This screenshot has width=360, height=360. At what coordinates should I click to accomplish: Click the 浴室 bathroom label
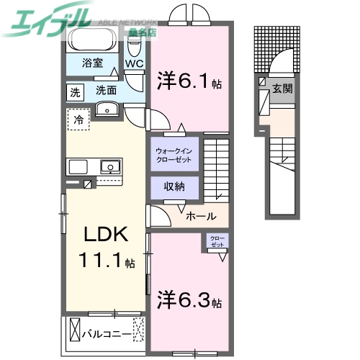[x=90, y=63]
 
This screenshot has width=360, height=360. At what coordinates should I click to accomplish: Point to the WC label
[x=135, y=63]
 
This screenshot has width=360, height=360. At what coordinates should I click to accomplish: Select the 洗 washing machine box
[x=76, y=92]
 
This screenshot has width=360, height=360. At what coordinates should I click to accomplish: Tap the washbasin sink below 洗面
[x=108, y=109]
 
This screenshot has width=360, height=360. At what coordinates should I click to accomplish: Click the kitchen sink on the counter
[x=110, y=167]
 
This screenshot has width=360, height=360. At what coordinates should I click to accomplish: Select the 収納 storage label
[x=174, y=186]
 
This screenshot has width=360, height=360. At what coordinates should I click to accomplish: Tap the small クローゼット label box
[x=217, y=241]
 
